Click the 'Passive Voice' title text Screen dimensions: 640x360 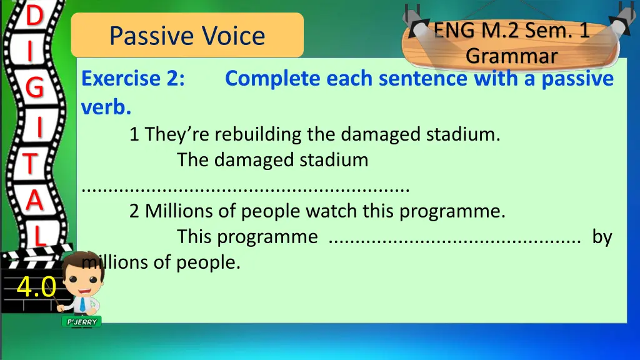click(x=187, y=36)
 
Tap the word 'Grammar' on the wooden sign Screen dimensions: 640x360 click(x=511, y=56)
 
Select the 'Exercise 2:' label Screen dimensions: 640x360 click(x=133, y=78)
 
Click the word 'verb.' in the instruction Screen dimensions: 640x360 click(x=106, y=107)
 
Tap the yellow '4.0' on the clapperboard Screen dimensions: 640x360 click(x=36, y=286)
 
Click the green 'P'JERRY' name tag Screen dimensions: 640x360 click(x=82, y=322)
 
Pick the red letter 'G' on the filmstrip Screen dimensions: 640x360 click(x=35, y=87)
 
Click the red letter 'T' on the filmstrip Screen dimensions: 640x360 click(x=30, y=164)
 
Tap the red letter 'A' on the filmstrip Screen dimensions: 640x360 click(x=35, y=200)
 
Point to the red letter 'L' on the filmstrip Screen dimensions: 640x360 click(x=39, y=235)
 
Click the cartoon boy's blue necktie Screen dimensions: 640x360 click(x=83, y=304)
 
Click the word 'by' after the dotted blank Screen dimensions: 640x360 click(x=602, y=237)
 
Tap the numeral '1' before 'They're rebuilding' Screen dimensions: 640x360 click(x=134, y=134)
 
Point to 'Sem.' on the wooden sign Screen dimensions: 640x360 click(x=545, y=30)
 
